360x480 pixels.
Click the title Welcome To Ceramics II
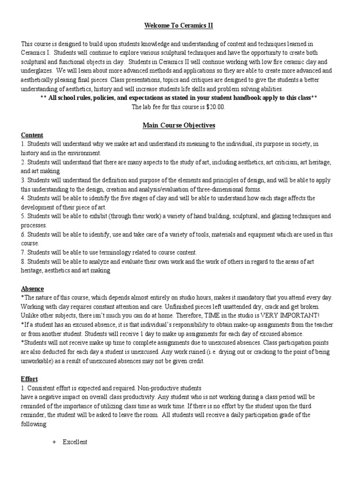click(180, 25)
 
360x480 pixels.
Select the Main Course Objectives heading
click(180, 126)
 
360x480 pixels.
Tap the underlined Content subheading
click(32, 135)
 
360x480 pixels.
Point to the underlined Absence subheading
click(32, 289)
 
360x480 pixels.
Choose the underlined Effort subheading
click(30, 379)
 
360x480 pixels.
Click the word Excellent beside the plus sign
click(75, 442)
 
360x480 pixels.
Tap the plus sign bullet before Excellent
click(54, 442)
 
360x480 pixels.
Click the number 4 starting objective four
click(22, 198)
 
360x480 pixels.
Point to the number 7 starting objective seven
click(22, 252)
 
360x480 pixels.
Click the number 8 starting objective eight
click(22, 261)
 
